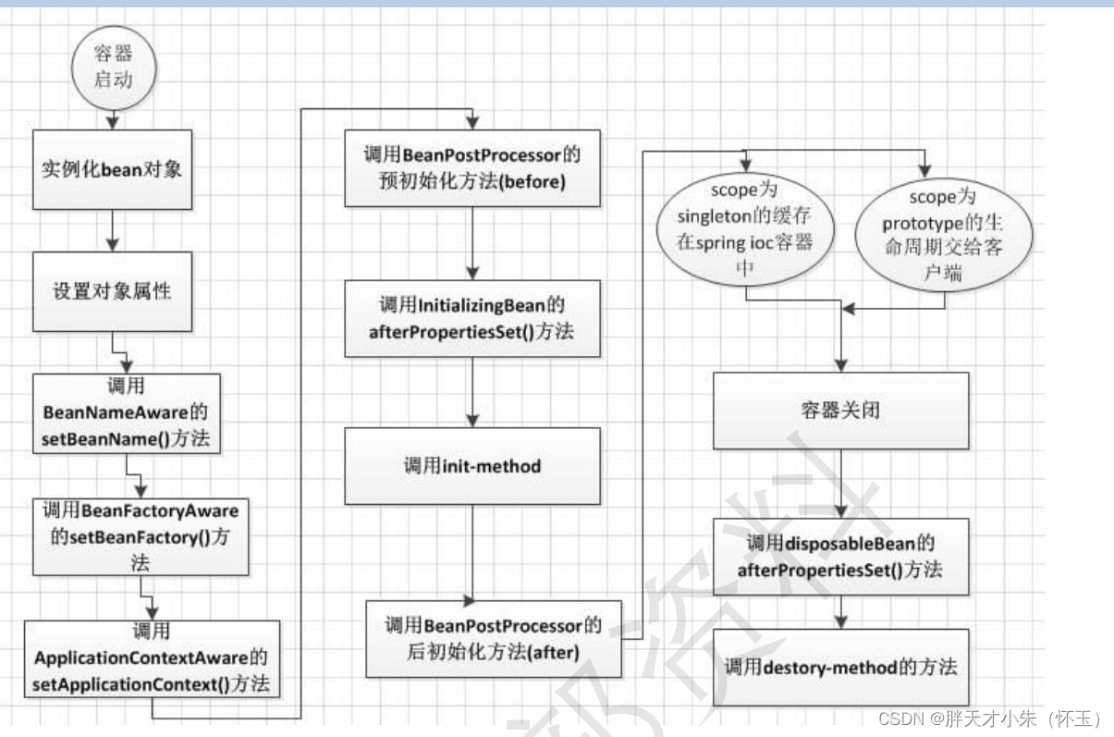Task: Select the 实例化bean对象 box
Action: pyautogui.click(x=112, y=170)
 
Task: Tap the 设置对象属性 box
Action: pyautogui.click(x=112, y=291)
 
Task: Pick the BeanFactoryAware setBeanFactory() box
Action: pyautogui.click(x=140, y=536)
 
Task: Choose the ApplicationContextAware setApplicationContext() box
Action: pyautogui.click(x=151, y=657)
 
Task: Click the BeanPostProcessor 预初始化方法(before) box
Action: pyautogui.click(x=471, y=167)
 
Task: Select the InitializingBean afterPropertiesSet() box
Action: pyautogui.click(x=471, y=319)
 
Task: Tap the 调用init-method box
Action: pyautogui.click(x=471, y=466)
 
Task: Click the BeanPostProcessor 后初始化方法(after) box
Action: pyautogui.click(x=494, y=638)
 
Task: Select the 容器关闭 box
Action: pyautogui.click(x=840, y=411)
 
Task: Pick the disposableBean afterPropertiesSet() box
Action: pyautogui.click(x=840, y=556)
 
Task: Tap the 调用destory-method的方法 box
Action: pyautogui.click(x=840, y=667)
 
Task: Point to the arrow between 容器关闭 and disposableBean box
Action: pyautogui.click(x=840, y=484)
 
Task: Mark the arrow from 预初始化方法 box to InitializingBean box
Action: pyautogui.click(x=471, y=243)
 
